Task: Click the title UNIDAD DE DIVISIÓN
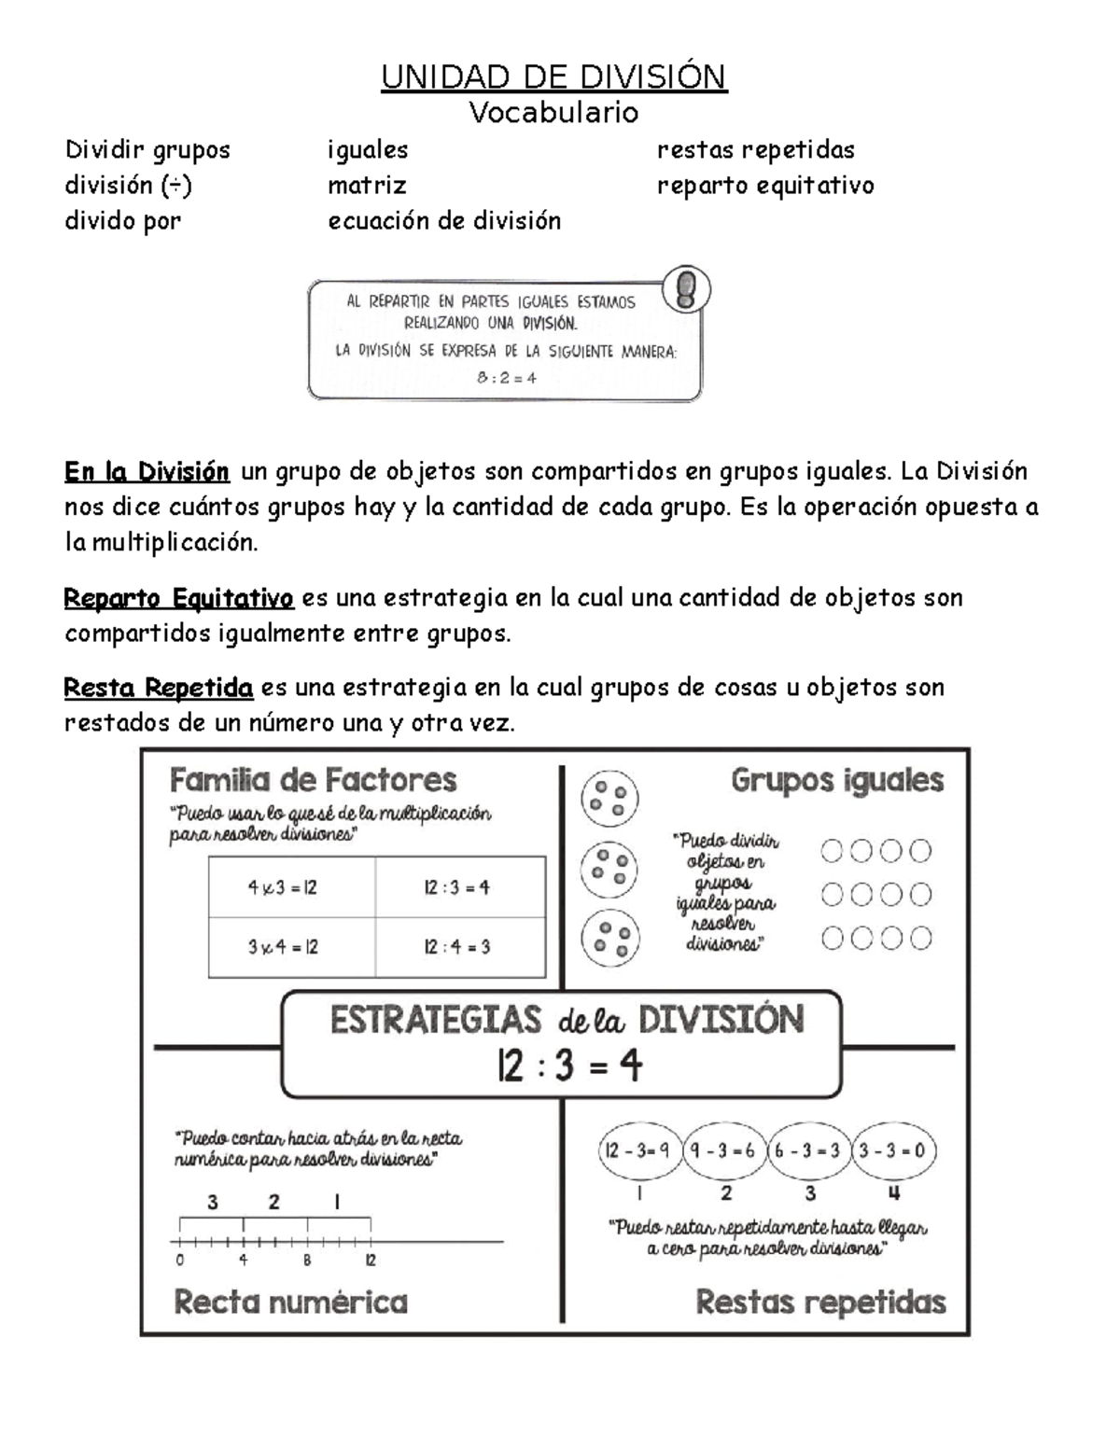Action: pyautogui.click(x=553, y=77)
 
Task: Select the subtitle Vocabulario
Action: pyautogui.click(x=553, y=113)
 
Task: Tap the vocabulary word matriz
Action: pyautogui.click(x=367, y=186)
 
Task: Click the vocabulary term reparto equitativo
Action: pyautogui.click(x=765, y=186)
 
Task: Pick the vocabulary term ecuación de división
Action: pyautogui.click(x=444, y=221)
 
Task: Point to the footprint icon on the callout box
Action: pyautogui.click(x=686, y=289)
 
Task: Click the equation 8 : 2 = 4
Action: pyautogui.click(x=507, y=378)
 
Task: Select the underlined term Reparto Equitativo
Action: pyautogui.click(x=178, y=598)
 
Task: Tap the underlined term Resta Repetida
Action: pyautogui.click(x=159, y=689)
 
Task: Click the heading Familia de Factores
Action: pyautogui.click(x=314, y=780)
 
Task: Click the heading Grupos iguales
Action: pyautogui.click(x=837, y=780)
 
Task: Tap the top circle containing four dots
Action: pyautogui.click(x=609, y=799)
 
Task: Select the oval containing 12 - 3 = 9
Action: pyautogui.click(x=638, y=1150)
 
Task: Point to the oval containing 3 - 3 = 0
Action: pyautogui.click(x=892, y=1150)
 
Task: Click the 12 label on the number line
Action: pyautogui.click(x=371, y=1261)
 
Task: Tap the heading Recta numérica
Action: pyautogui.click(x=291, y=1302)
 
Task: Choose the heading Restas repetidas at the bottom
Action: pyautogui.click(x=820, y=1302)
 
